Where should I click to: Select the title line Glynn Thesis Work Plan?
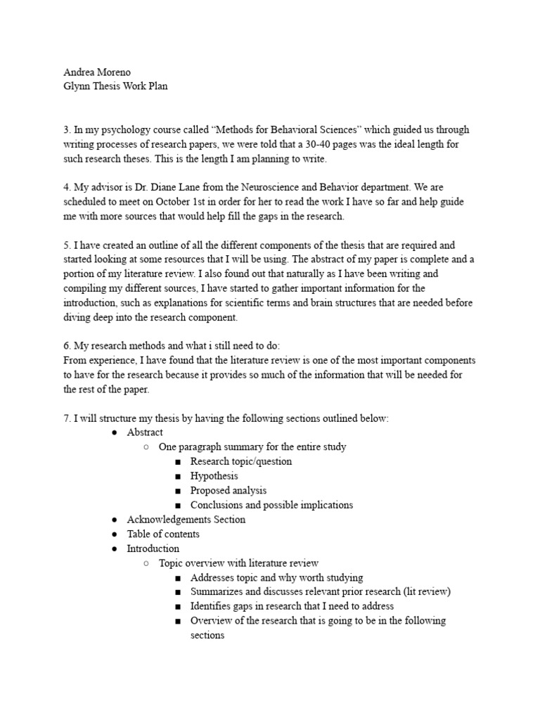click(x=115, y=86)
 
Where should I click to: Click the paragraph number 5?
click(x=66, y=245)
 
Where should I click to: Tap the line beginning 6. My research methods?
click(x=172, y=345)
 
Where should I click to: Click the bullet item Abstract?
click(x=144, y=432)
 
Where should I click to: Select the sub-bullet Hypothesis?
click(x=214, y=476)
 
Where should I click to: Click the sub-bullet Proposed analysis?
click(x=228, y=490)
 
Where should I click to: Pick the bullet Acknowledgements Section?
click(x=186, y=520)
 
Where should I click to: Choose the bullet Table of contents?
click(x=162, y=534)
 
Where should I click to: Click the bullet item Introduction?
click(x=153, y=548)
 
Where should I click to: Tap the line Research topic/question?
click(x=240, y=461)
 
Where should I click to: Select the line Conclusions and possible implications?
click(x=271, y=505)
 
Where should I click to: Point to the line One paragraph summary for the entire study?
click(x=252, y=446)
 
